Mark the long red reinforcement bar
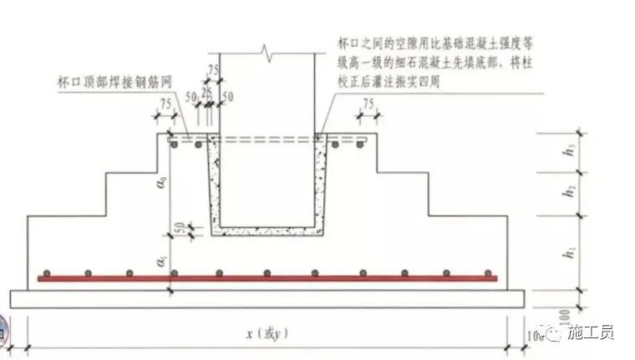click(x=267, y=278)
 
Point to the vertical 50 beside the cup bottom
click(x=180, y=227)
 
